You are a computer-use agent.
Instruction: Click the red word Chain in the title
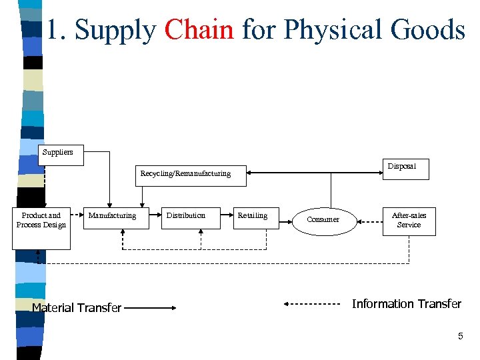click(x=199, y=30)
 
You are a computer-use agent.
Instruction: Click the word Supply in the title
click(x=115, y=30)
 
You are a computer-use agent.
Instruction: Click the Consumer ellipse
click(x=323, y=219)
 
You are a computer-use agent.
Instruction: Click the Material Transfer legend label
click(x=77, y=308)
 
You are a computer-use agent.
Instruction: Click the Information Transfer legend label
click(x=406, y=304)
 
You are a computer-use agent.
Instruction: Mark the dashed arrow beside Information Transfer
click(x=312, y=304)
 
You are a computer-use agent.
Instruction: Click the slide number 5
click(x=460, y=337)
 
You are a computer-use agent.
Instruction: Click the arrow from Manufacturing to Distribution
click(x=157, y=215)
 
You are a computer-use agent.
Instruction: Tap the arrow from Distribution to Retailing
click(x=229, y=215)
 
